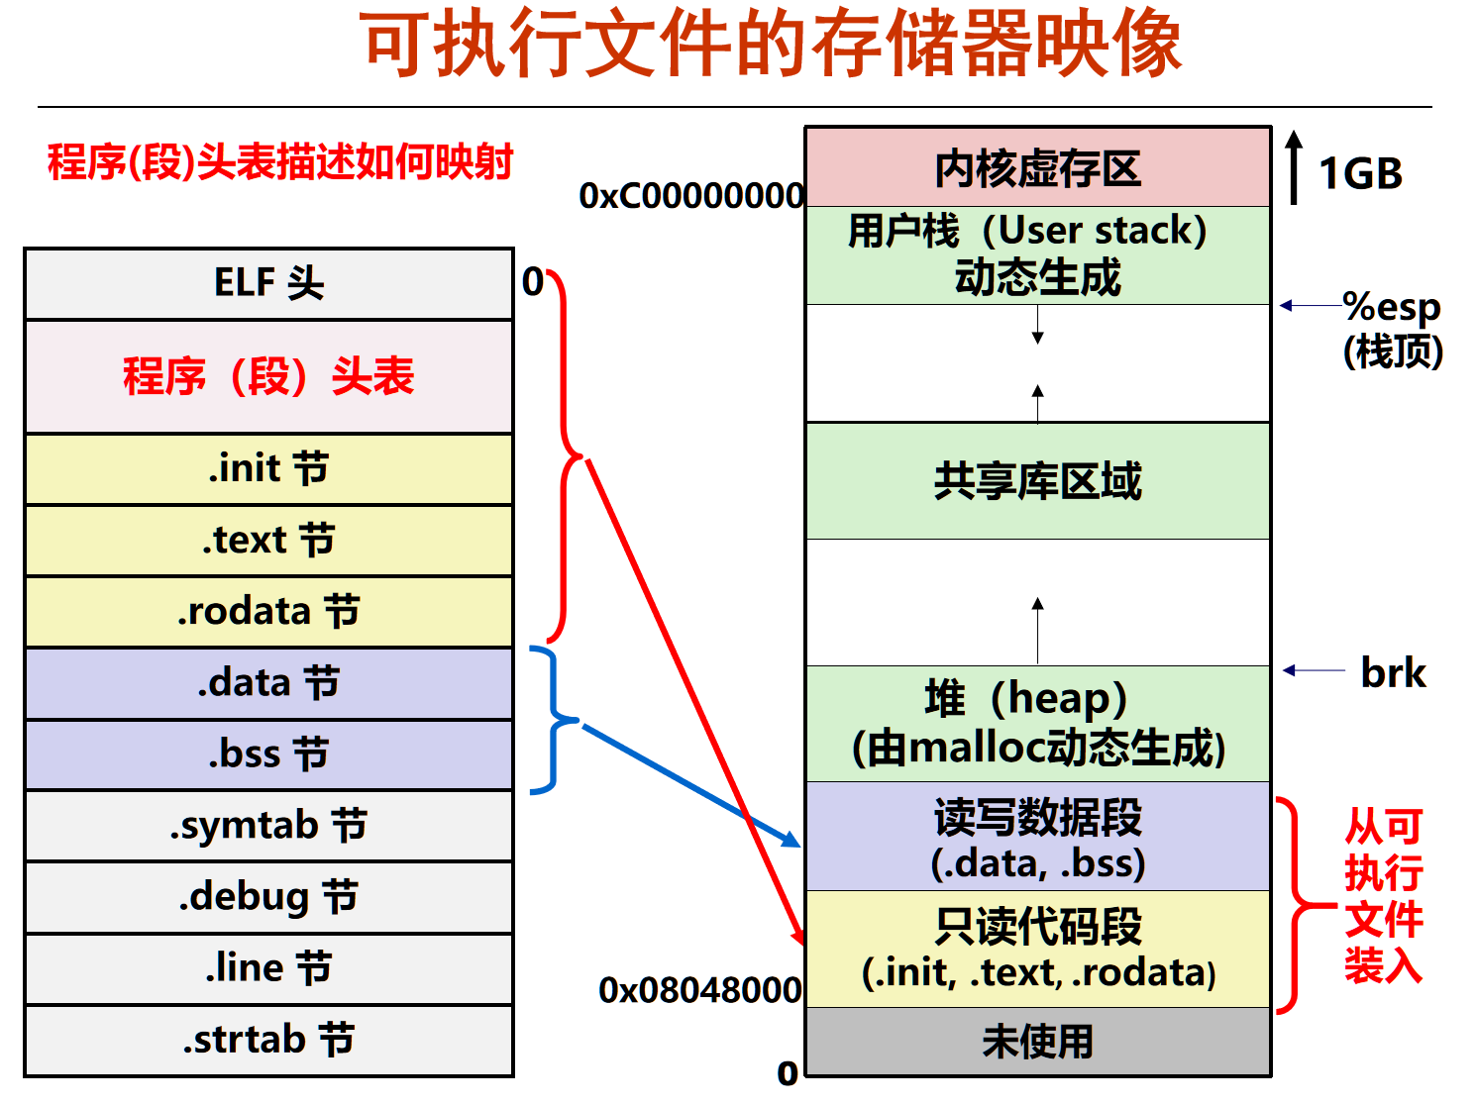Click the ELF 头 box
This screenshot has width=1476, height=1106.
click(x=268, y=283)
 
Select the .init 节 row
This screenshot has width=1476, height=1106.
click(x=268, y=468)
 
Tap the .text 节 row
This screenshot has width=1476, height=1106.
click(x=268, y=541)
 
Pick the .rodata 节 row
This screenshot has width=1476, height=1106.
click(x=268, y=612)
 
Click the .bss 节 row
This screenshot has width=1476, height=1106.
click(x=268, y=754)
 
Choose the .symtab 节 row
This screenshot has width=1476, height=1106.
click(x=268, y=826)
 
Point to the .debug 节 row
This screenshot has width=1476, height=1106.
click(x=268, y=897)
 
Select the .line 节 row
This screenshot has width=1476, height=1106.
click(x=268, y=968)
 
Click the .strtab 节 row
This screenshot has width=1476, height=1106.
click(x=268, y=1040)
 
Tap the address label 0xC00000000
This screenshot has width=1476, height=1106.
click(x=691, y=196)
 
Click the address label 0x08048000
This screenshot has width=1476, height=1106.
click(x=700, y=989)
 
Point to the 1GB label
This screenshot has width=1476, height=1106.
click(x=1360, y=174)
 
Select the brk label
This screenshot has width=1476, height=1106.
click(x=1393, y=673)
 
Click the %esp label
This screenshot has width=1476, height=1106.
click(x=1391, y=307)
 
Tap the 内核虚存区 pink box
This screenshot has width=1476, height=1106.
click(x=1037, y=167)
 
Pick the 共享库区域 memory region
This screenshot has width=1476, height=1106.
click(x=1037, y=481)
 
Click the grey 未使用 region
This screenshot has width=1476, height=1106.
click(x=1037, y=1041)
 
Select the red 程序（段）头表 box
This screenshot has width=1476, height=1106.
click(x=268, y=376)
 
